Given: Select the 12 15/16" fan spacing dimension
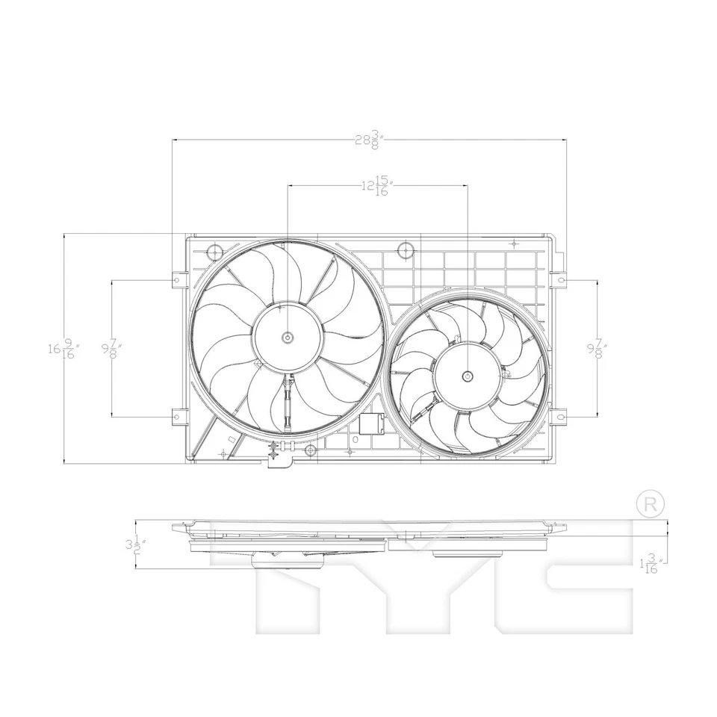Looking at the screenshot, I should coord(378,185).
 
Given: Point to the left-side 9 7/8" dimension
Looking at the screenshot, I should coord(112,348).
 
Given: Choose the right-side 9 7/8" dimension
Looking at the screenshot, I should coord(597,348).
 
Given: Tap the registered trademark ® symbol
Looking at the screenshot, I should coord(649,504).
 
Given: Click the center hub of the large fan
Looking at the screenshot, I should coord(288,338).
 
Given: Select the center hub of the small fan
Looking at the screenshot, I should coord(468,376).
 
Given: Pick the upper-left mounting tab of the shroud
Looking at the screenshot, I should coord(178,280).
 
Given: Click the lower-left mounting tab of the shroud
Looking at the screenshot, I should coord(178,416).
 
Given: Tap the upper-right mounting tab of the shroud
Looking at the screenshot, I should coord(559,280).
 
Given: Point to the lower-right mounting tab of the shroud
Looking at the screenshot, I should coord(559,416).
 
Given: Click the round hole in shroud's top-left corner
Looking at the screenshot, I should coord(214,251).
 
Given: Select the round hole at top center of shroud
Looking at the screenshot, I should coord(406,249).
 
